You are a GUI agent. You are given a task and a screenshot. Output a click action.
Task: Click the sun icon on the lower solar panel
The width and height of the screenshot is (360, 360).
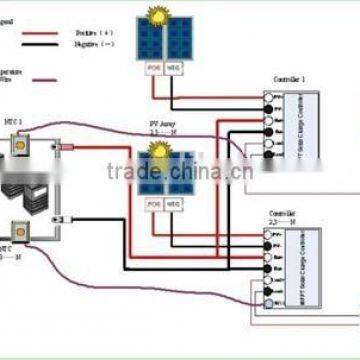[x=157, y=151]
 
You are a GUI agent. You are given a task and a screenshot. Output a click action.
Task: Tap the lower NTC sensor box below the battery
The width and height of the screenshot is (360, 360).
[x=18, y=231]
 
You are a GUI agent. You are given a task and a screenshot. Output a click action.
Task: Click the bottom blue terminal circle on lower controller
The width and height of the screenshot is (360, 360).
[x=268, y=303]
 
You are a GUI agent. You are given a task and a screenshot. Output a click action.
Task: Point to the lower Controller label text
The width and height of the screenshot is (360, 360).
[x=283, y=214]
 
